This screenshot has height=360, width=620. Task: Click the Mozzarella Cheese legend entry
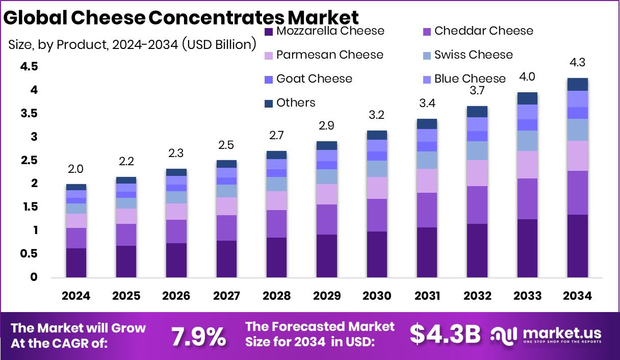pyautogui.click(x=324, y=31)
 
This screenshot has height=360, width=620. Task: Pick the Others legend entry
pyautogui.click(x=290, y=102)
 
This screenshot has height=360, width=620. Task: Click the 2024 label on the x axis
pyautogui.click(x=76, y=296)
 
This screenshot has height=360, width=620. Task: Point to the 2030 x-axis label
pyautogui.click(x=377, y=296)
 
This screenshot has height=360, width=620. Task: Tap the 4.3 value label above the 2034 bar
pyautogui.click(x=577, y=63)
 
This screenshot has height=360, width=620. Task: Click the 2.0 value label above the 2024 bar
pyautogui.click(x=76, y=169)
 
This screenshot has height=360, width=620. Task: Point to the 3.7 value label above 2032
pyautogui.click(x=477, y=91)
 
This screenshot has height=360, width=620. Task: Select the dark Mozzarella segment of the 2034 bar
pyautogui.click(x=577, y=246)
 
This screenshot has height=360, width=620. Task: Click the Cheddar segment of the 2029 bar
pyautogui.click(x=327, y=219)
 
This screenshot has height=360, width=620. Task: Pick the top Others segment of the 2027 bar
pyautogui.click(x=226, y=164)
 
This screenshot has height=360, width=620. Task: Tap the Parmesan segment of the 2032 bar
pyautogui.click(x=477, y=173)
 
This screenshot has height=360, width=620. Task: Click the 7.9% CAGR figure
pyautogui.click(x=198, y=336)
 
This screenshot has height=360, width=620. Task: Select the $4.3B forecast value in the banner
pyautogui.click(x=445, y=335)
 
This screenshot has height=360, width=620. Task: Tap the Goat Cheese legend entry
pyautogui.click(x=308, y=79)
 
